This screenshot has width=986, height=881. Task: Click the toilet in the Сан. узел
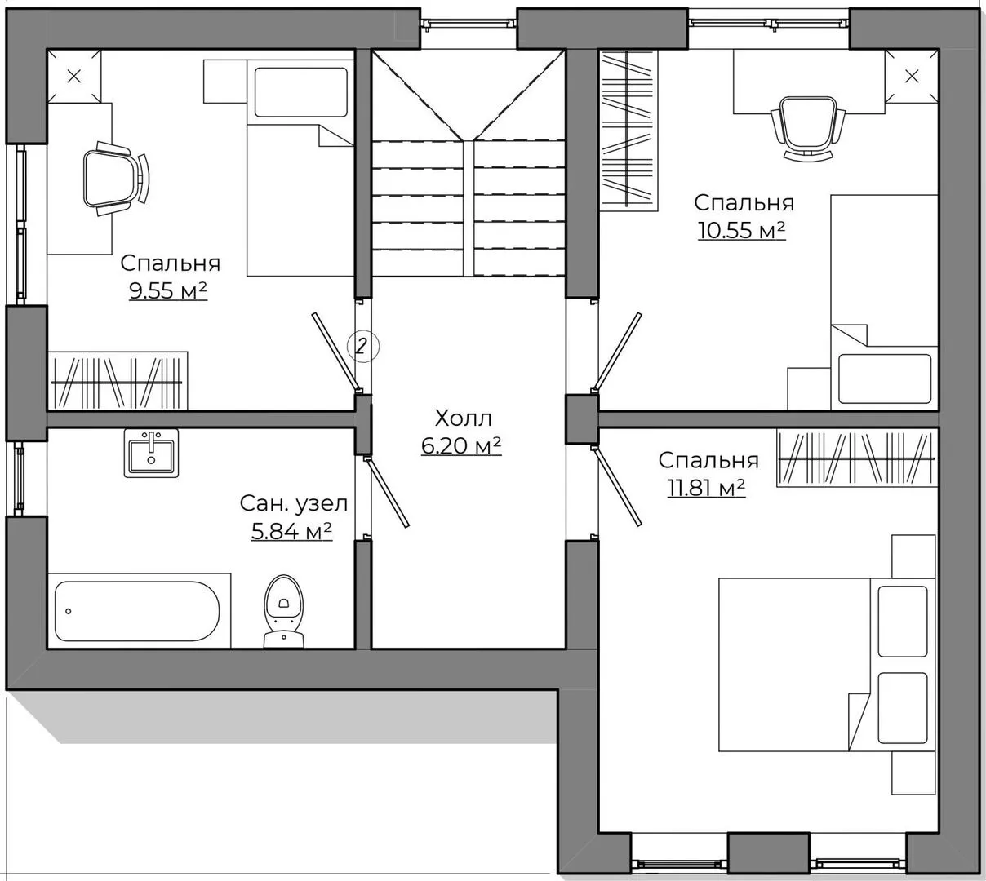283,611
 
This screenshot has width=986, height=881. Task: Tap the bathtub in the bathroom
137,611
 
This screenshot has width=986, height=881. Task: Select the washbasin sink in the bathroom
151,453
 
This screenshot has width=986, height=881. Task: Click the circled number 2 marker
362,346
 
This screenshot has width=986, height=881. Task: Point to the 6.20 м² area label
461,445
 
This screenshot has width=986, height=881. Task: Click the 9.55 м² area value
168,291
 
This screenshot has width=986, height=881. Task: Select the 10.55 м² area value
742,230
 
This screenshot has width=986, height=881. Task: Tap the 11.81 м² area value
706,488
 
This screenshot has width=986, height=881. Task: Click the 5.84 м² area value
291,531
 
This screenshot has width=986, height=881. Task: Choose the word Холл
463,418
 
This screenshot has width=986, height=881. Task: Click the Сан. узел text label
294,504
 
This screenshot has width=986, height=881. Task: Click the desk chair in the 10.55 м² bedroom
808,127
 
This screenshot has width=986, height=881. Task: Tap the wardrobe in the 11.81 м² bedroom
856,458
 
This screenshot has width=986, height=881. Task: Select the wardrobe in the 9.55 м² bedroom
118,381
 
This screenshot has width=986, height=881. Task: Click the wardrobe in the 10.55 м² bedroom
628,131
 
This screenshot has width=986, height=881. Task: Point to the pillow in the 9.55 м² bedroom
300,92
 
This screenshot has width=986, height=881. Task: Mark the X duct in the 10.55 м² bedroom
912,77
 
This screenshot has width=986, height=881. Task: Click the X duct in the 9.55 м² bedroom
74,77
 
